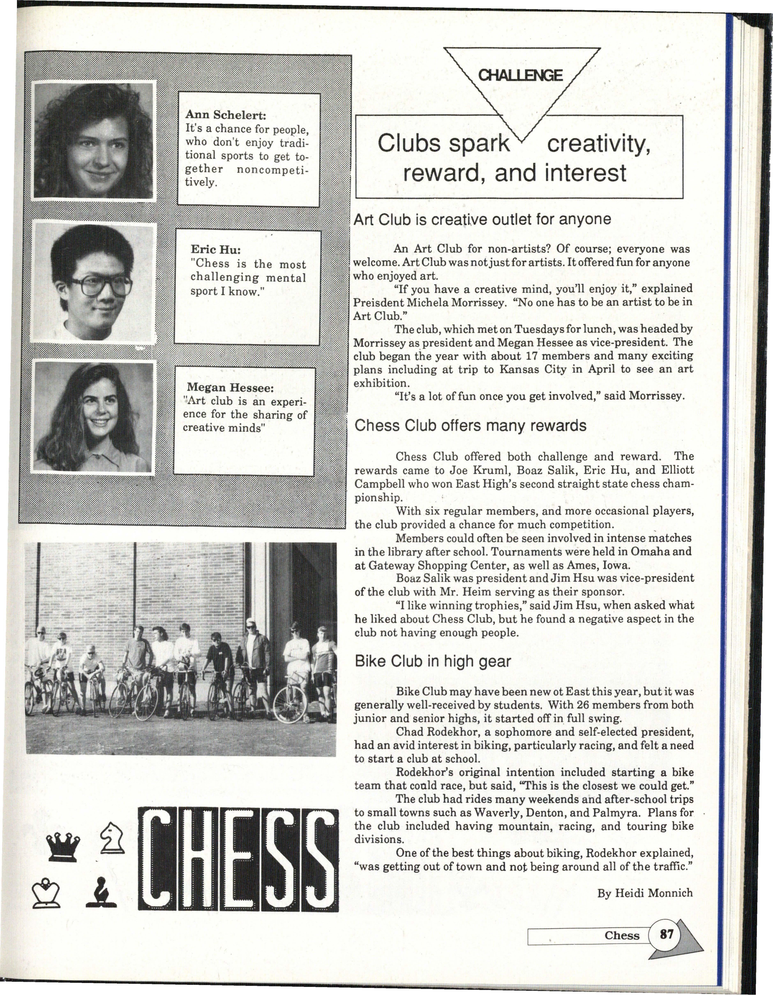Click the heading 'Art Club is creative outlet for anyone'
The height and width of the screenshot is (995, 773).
click(x=482, y=220)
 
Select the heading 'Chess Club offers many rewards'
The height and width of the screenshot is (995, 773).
click(x=470, y=426)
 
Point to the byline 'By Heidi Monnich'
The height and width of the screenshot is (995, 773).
click(x=645, y=893)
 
